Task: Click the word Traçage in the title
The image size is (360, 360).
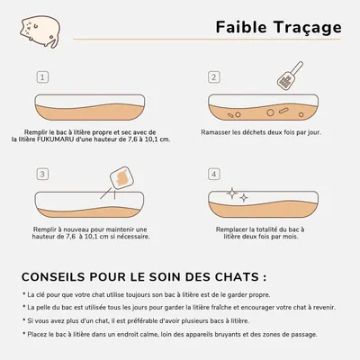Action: tap(306, 27)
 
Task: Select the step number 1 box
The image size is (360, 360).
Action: tap(41, 77)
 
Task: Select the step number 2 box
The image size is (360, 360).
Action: tap(214, 77)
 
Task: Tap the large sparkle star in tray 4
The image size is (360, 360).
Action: tap(231, 193)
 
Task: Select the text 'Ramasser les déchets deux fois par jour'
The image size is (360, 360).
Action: tap(263, 131)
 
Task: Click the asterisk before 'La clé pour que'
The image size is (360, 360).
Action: tap(24, 294)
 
